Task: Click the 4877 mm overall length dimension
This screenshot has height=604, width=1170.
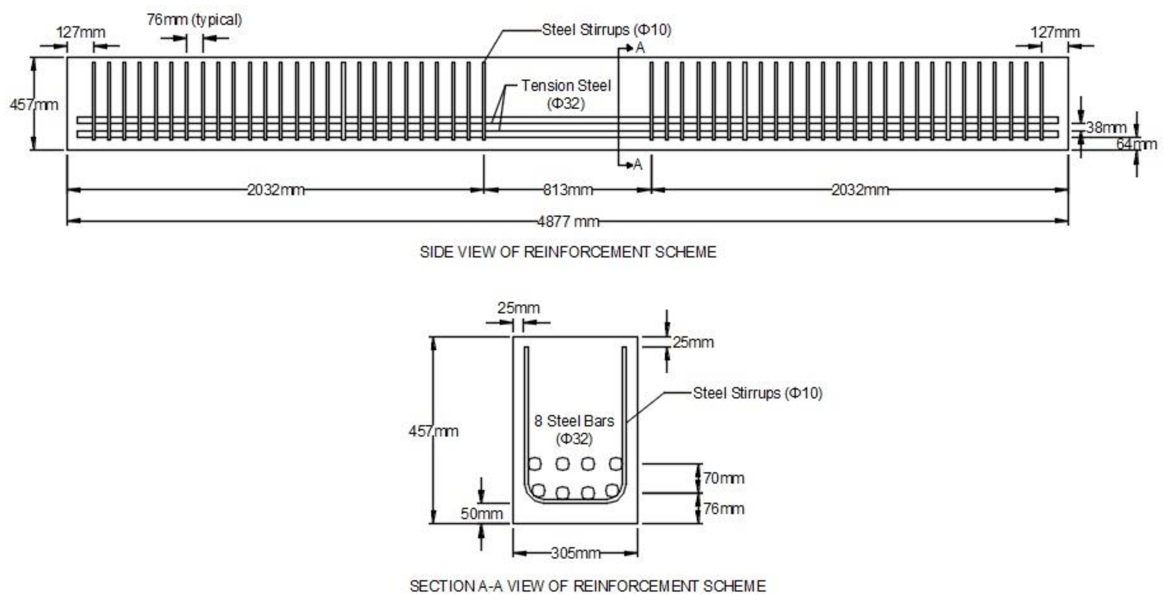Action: [x=568, y=222]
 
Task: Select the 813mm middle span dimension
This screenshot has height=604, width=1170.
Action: [x=568, y=190]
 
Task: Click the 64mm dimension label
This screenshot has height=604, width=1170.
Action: [x=1136, y=144]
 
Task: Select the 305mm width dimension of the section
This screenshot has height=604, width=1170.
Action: [x=576, y=553]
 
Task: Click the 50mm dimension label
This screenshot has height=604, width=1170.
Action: [x=481, y=514]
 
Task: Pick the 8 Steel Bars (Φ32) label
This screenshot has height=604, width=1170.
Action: [x=574, y=429]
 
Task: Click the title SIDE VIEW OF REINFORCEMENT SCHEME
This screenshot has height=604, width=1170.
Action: [x=568, y=252]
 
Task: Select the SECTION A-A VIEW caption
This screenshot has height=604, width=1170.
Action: [x=587, y=586]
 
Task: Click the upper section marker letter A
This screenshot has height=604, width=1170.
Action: [x=640, y=48]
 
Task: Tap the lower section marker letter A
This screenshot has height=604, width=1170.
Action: [x=638, y=165]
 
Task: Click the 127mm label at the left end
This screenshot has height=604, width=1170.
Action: [x=80, y=33]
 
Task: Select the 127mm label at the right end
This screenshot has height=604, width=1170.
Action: [x=1054, y=33]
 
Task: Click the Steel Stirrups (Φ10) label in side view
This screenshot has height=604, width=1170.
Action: [x=606, y=30]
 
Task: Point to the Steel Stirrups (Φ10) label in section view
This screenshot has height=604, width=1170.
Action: [x=757, y=393]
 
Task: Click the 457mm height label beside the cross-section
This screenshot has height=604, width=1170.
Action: [x=433, y=431]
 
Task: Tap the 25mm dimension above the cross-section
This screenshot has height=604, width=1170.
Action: [x=518, y=308]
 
